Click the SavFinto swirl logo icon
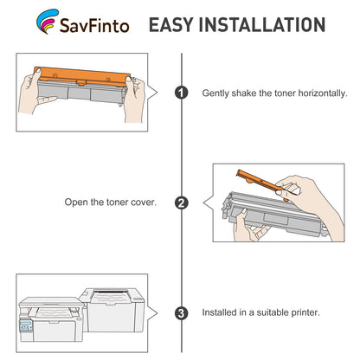pyautogui.click(x=46, y=21)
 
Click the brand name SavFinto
pyautogui.click(x=94, y=25)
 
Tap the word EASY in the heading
pyautogui.click(x=171, y=24)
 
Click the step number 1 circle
pyautogui.click(x=181, y=93)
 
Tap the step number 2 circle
pyautogui.click(x=181, y=202)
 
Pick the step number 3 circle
pyautogui.click(x=181, y=313)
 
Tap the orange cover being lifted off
pyautogui.click(x=263, y=185)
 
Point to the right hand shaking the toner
pyautogui.click(x=134, y=98)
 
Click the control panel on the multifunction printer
pyautogui.click(x=26, y=326)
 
